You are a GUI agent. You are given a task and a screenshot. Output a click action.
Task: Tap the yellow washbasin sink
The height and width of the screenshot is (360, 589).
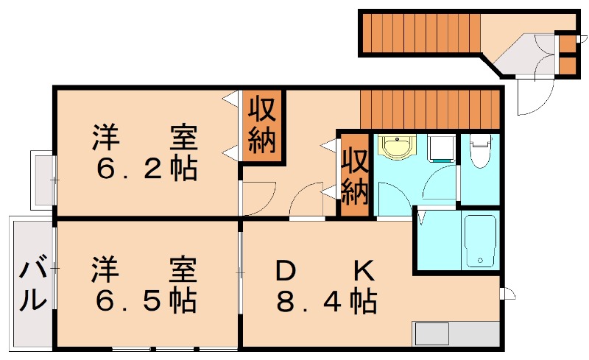tap(398, 147)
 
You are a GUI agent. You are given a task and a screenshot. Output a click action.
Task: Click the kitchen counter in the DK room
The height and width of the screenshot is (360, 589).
tap(456, 333)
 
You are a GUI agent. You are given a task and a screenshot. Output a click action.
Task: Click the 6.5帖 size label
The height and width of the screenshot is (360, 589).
tap(147, 300)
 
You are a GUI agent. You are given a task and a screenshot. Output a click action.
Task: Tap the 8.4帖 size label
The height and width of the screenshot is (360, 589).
tap(327, 301)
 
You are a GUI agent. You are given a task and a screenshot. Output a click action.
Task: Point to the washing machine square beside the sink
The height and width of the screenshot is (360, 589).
tap(441, 147)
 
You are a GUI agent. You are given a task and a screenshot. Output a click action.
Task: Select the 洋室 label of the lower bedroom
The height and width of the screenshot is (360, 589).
tap(145, 269)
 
